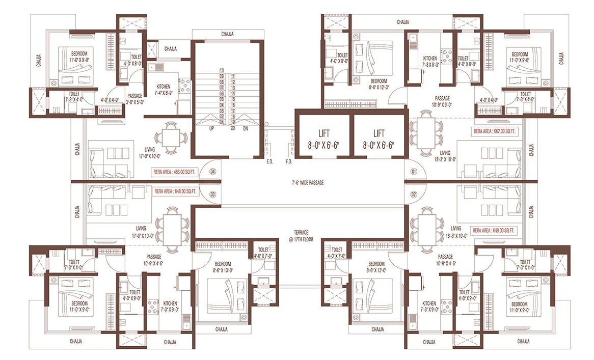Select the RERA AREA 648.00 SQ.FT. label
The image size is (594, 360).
tap(175, 192)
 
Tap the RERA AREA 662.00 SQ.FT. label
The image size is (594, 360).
tap(495, 131)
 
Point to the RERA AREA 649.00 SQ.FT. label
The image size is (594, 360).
tap(494, 231)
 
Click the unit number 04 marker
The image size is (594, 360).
tap(212, 172)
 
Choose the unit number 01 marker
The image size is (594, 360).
tap(414, 172)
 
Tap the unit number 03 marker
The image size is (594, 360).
tap(212, 194)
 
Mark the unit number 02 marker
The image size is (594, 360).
tap(414, 194)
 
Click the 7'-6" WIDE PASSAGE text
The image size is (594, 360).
tap(308, 182)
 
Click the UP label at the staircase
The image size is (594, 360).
tap(211, 129)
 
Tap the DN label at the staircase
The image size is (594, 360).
tap(245, 129)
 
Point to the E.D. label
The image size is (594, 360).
tap(269, 162)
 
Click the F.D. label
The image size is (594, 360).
tap(289, 162)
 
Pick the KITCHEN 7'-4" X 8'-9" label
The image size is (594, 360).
tap(164, 90)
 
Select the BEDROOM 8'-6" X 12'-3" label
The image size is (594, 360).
tap(379, 84)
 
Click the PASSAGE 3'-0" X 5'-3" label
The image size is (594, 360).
tap(134, 98)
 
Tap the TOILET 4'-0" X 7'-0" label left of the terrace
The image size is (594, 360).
tap(263, 253)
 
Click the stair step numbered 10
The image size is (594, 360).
tap(222, 70)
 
